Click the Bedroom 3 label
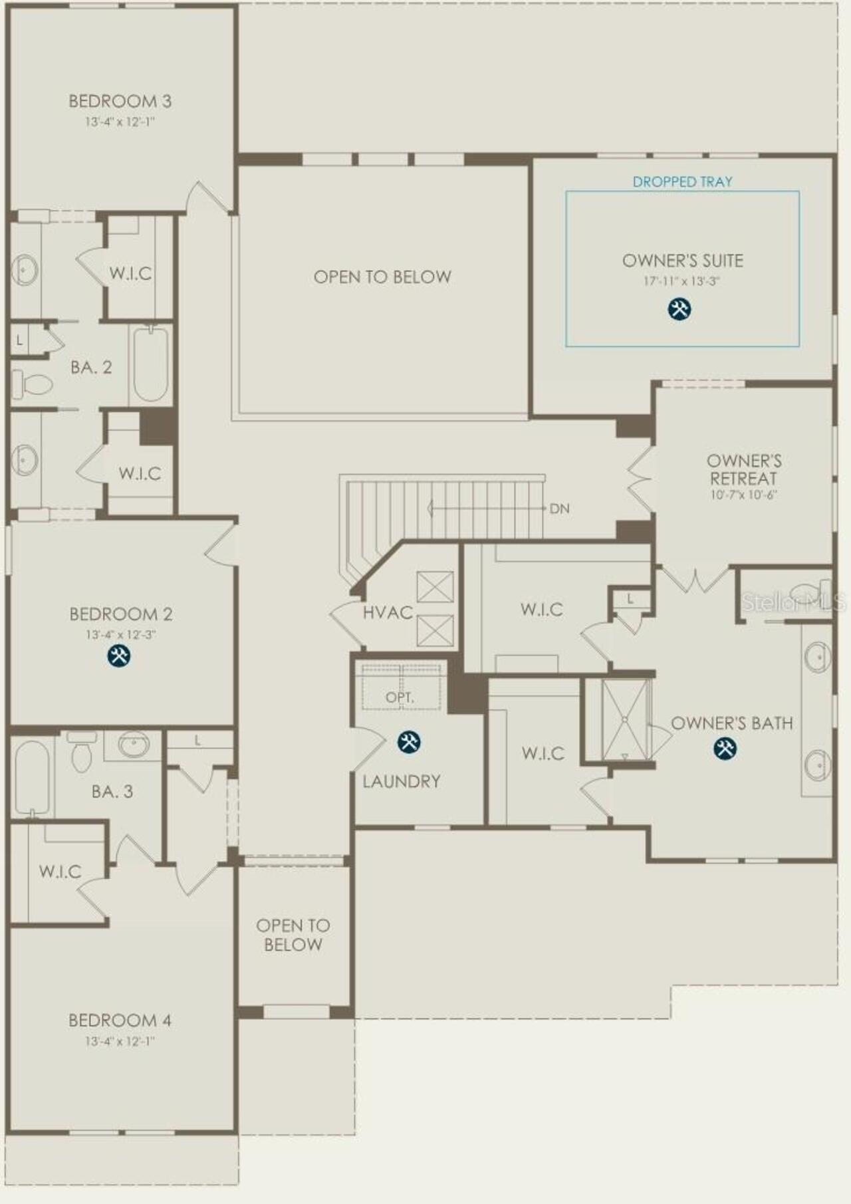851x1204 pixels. pos(120,102)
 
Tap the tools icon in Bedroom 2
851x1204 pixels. pos(119,656)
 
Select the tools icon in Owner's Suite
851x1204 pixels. pos(679,308)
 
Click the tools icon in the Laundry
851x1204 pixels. pos(408,742)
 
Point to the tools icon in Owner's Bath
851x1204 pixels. pos(725,749)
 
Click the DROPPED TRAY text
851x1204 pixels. pos(683,181)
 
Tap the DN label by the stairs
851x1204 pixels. pos(560,509)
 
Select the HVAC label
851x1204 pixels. pos(388,612)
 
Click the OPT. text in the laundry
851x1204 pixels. pos(400,698)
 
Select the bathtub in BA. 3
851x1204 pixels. pos(31,777)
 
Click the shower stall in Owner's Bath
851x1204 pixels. pos(625,719)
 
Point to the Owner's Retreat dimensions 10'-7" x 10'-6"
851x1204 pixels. pos(743,495)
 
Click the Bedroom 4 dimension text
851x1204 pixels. pos(120,1041)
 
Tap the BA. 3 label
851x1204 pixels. pos(112,792)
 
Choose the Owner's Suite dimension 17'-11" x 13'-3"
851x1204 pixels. pos(681,281)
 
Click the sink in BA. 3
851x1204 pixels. pos(133,744)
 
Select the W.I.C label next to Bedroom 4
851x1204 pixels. pos(60,872)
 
